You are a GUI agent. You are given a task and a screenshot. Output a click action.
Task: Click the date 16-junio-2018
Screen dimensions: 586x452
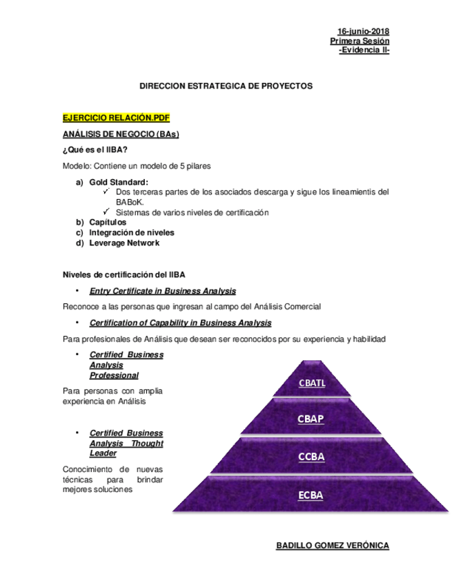click(x=363, y=32)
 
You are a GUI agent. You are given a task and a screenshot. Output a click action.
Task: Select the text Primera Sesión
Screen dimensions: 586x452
click(x=360, y=41)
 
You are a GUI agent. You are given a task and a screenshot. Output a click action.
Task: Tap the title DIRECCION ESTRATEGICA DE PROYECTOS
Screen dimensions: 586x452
click(x=226, y=86)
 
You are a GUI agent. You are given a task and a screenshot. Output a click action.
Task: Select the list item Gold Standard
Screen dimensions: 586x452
click(x=119, y=182)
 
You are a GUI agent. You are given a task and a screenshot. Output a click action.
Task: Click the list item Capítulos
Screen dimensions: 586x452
click(x=108, y=223)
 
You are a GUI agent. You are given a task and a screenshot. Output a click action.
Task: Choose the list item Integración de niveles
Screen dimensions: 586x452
click(x=132, y=233)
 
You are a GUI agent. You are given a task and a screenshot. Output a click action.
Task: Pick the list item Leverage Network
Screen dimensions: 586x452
click(x=124, y=243)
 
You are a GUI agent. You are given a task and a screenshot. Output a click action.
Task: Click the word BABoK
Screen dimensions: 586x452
click(x=129, y=202)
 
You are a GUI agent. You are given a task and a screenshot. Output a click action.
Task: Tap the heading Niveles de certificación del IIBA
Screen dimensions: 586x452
click(x=124, y=276)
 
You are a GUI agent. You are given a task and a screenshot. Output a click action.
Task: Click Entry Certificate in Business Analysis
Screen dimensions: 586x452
click(x=163, y=291)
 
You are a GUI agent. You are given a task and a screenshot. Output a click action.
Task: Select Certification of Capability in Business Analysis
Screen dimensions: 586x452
click(x=180, y=323)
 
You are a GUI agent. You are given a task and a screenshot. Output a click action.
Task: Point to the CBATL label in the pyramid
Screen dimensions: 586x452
click(x=311, y=384)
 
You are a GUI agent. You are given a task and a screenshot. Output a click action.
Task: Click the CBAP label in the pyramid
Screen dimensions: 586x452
click(x=311, y=419)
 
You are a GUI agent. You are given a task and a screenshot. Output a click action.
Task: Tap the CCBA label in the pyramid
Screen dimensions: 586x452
click(x=311, y=457)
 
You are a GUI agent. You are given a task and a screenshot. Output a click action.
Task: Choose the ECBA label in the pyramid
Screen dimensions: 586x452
click(x=311, y=495)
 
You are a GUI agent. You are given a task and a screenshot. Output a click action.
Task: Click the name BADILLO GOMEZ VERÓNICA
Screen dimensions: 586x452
click(x=333, y=546)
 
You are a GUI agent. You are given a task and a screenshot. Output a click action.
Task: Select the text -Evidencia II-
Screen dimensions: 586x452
click(x=364, y=50)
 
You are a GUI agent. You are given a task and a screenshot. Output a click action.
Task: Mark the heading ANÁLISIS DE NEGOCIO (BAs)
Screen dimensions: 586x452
click(x=121, y=134)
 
